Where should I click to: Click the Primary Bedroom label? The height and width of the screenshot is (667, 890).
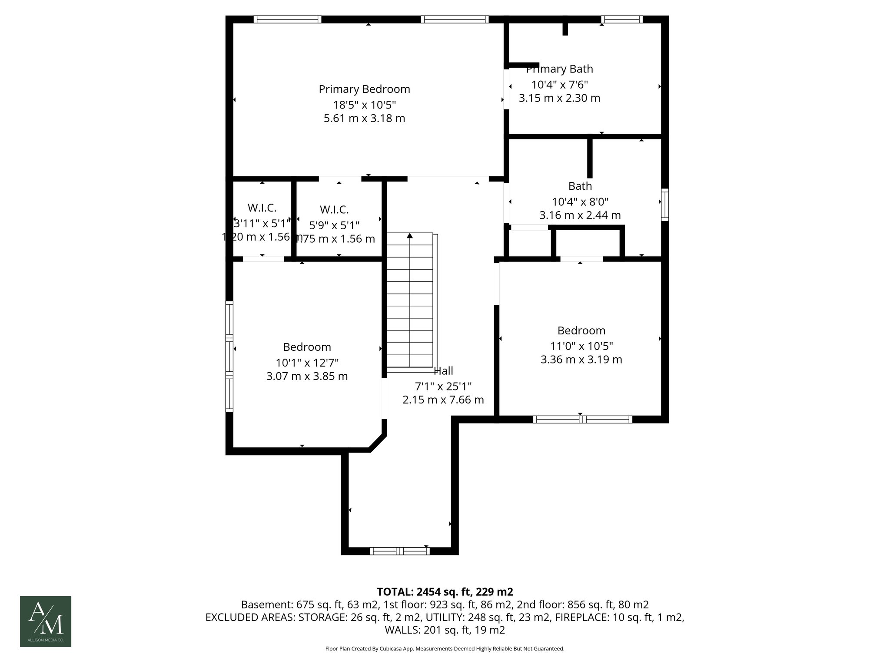[x=364, y=89]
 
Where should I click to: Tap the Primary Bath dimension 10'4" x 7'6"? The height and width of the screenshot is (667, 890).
[x=559, y=85]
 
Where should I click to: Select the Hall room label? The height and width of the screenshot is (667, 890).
[x=444, y=371]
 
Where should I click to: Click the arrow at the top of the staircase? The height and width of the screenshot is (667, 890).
[x=410, y=236]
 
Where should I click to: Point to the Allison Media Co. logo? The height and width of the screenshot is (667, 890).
[x=46, y=621]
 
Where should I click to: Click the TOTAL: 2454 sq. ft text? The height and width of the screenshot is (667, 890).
[x=445, y=592]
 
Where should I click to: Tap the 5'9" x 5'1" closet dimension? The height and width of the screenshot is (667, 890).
[x=334, y=225]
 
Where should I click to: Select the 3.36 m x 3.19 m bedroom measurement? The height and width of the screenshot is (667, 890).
[x=581, y=360]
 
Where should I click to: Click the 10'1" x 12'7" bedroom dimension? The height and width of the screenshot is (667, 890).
[x=307, y=363]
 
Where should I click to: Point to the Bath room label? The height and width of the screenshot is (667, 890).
[x=580, y=186]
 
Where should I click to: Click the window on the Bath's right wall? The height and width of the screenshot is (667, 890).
[x=664, y=205]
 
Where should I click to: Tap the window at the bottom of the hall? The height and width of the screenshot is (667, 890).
[x=400, y=551]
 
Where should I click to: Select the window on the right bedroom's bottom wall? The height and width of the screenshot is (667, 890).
[x=582, y=419]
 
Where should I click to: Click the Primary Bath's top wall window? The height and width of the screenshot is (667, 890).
[x=622, y=19]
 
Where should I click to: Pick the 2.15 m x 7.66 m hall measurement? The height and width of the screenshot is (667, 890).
[x=443, y=400]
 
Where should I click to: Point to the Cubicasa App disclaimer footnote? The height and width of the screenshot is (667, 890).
[x=445, y=649]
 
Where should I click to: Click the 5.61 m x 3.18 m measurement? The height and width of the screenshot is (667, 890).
[x=364, y=118]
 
